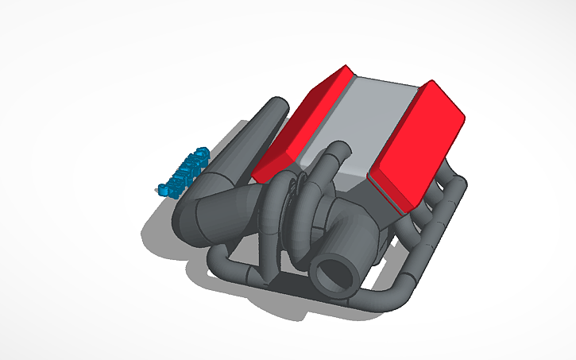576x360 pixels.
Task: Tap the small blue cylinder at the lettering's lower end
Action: [x=164, y=190]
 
